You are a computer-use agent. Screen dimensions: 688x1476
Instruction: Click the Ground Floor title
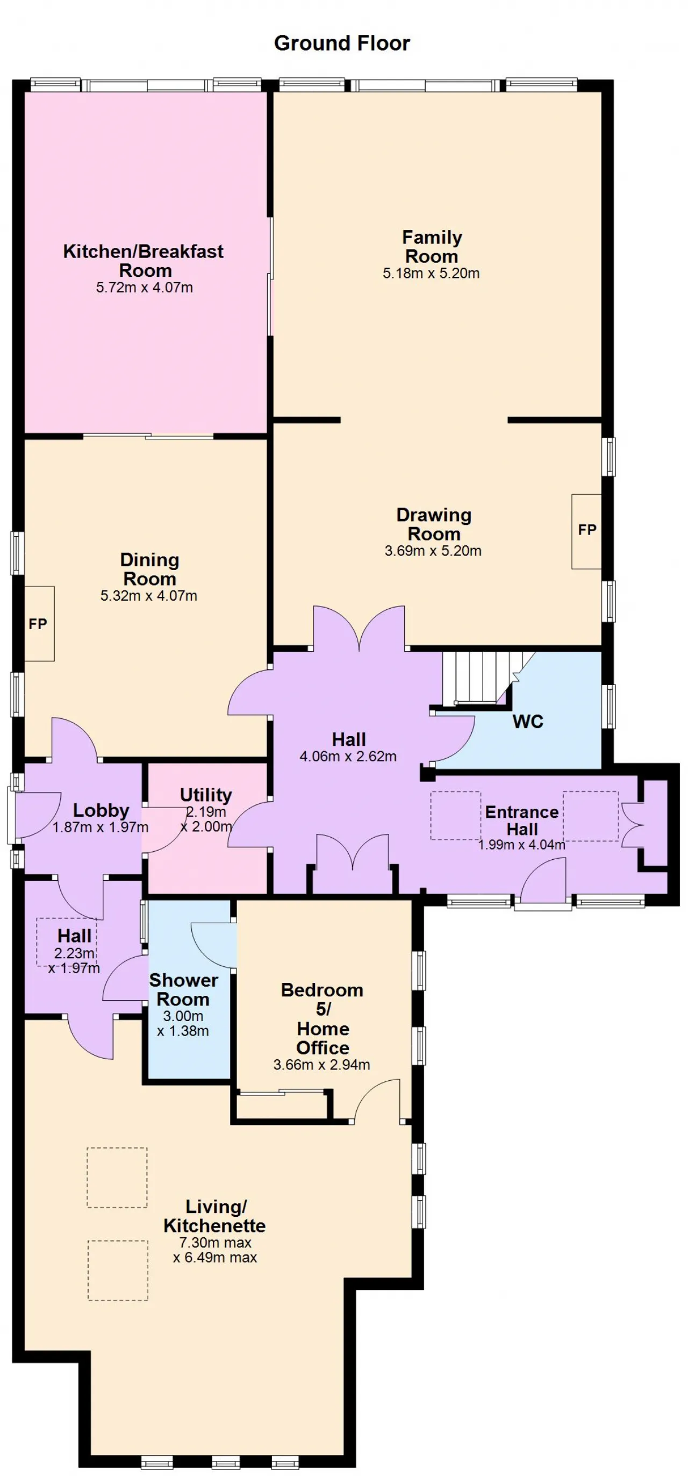pos(342,43)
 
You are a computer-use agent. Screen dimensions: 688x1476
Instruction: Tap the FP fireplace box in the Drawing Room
pos(586,531)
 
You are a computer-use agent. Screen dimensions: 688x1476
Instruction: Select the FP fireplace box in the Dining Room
pos(39,623)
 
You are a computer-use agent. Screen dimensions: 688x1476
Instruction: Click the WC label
pos(528,721)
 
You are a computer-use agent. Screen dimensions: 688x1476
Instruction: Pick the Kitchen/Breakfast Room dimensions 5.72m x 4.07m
pos(145,288)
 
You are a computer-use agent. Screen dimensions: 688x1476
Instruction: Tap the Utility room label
pos(206,795)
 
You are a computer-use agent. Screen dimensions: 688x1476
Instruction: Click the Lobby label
pos(101,810)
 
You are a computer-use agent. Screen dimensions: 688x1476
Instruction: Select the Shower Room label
pos(183,989)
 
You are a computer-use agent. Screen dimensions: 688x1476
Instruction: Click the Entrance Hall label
pos(522,821)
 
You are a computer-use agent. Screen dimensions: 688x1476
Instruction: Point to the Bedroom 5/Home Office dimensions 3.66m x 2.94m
pos(322,1065)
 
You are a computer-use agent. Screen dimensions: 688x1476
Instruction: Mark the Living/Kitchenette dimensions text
pos(215,1250)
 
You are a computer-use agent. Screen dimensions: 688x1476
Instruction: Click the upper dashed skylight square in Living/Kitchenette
pos(117,1178)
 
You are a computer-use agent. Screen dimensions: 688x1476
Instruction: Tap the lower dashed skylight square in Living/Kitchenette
pos(118,1270)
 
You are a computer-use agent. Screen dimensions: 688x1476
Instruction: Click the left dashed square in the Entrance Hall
pos(455,815)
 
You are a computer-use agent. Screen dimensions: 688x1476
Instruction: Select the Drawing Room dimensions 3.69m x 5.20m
pos(433,551)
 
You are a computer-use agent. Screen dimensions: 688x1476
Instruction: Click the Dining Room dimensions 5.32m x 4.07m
pos(149,596)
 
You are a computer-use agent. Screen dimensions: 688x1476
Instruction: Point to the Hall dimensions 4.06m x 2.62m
pos(348,757)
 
